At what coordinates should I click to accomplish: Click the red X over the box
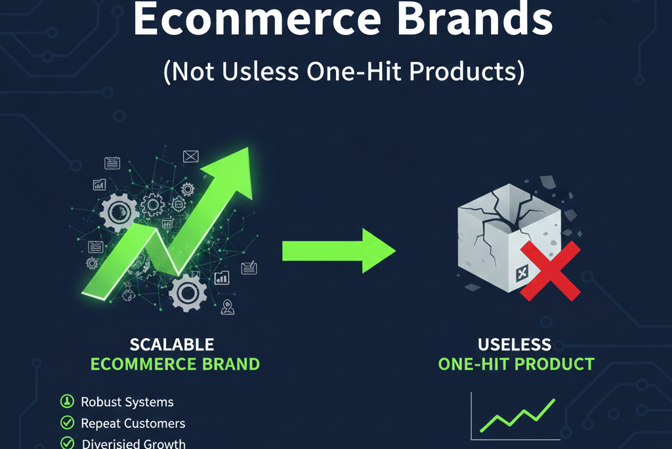click(550, 271)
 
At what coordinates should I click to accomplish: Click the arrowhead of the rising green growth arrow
click(234, 171)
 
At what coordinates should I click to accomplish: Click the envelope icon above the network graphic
click(191, 156)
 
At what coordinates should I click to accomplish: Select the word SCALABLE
click(172, 344)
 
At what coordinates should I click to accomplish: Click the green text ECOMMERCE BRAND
click(175, 364)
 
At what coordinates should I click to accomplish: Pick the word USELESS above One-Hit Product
click(514, 344)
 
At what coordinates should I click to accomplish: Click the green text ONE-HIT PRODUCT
click(516, 364)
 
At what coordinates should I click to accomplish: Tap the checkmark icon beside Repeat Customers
click(67, 423)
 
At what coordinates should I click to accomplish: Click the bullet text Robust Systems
click(127, 402)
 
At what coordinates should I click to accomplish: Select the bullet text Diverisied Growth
click(134, 443)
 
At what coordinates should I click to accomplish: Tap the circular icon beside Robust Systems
click(67, 402)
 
